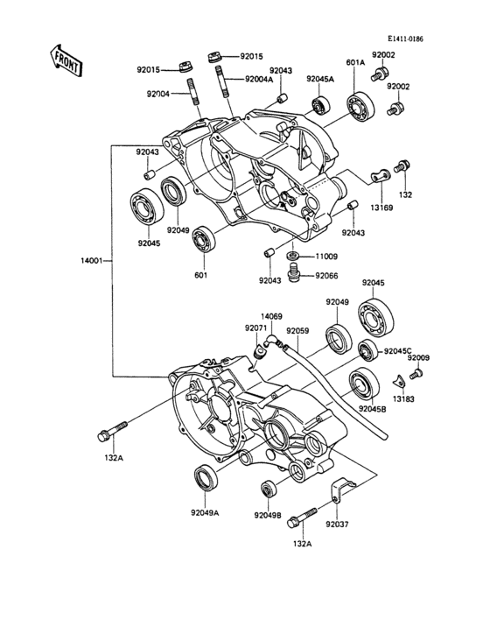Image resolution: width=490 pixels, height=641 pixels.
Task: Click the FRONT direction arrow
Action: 66,61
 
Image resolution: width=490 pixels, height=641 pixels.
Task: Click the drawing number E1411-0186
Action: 405,39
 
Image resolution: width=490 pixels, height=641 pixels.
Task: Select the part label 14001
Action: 91,260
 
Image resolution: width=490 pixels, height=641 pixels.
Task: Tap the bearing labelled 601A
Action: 361,106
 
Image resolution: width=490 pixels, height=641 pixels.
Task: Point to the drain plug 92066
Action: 293,271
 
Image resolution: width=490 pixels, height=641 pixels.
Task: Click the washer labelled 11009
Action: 293,256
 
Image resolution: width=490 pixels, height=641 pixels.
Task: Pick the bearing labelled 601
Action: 204,240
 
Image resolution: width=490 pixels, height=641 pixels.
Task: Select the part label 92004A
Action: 258,80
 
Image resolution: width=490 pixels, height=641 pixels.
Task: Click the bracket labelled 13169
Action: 381,176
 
